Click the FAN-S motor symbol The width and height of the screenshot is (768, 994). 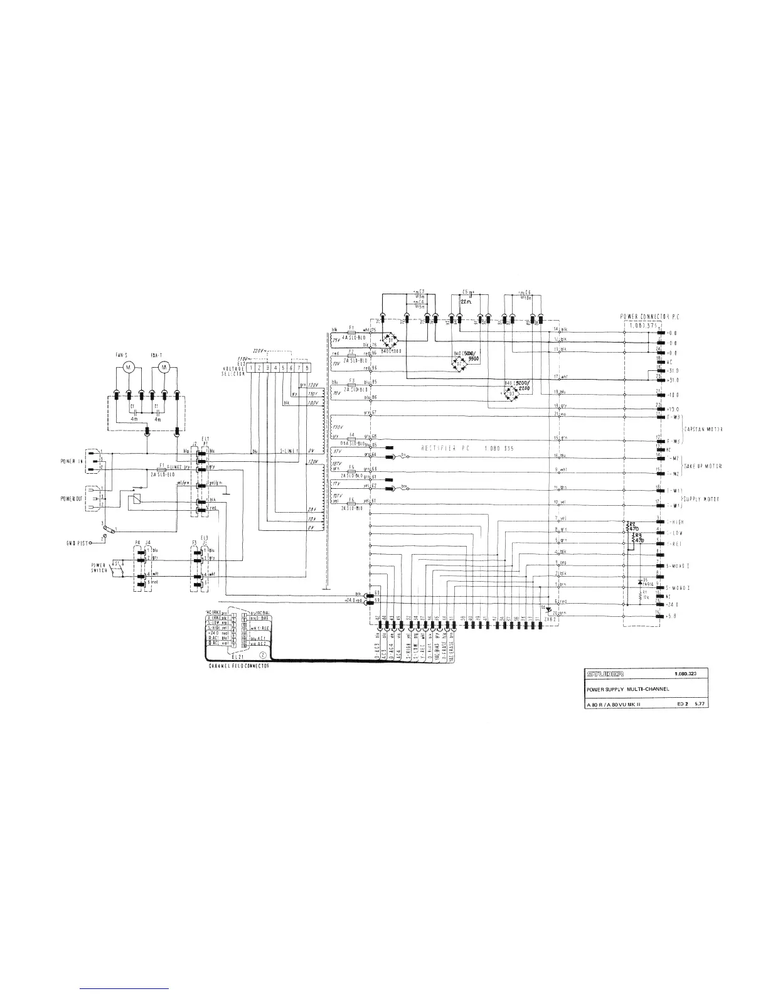pos(128,366)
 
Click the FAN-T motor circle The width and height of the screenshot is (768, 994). pos(164,366)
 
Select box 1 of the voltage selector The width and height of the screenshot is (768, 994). pos(250,368)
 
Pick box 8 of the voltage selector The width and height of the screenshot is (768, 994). pos(307,368)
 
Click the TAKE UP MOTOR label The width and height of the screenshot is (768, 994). pos(703,467)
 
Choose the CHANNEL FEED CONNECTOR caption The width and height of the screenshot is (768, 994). pos(239,666)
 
